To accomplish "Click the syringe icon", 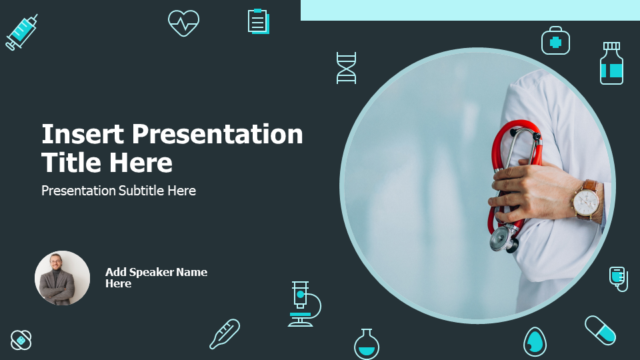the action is point(21,32).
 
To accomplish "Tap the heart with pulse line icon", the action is point(184,23).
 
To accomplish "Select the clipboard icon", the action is point(259,21).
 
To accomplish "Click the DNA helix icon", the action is point(346,68).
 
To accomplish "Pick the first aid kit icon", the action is point(555,41).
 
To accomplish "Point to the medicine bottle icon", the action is point(611,63).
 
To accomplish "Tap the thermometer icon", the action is point(225,334).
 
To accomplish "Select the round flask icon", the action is point(367,344).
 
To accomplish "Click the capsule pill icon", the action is point(600,330).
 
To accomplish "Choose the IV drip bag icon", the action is point(619,279).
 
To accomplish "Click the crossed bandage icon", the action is point(21,339).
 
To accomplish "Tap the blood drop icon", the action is point(535,341).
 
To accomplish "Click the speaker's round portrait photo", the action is point(62,278).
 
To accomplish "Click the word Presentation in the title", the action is point(217,134).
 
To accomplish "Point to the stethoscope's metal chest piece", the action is point(503,238).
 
